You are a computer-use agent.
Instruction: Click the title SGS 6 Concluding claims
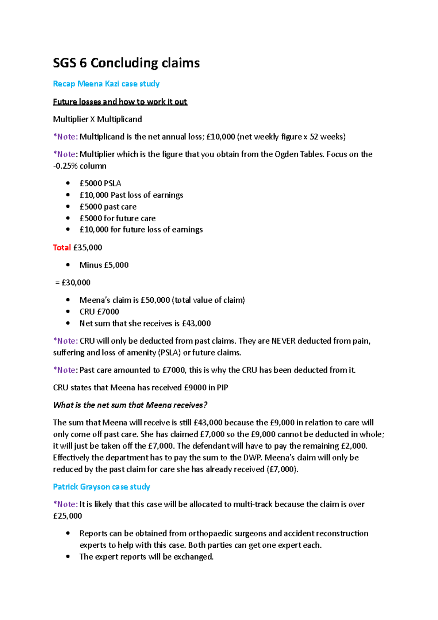[x=126, y=63]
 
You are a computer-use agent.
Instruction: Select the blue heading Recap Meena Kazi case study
[x=106, y=84]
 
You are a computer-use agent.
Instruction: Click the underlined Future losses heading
[x=120, y=102]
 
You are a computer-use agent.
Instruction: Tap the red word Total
[x=62, y=248]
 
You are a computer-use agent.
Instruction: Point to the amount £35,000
[x=88, y=248]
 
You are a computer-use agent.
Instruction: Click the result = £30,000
[x=73, y=283]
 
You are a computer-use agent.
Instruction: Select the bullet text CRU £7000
[x=99, y=312]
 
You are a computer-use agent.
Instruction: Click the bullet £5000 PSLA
[x=100, y=183]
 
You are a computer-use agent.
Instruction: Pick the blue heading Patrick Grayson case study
[x=101, y=487]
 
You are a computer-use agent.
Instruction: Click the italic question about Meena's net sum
[x=130, y=405]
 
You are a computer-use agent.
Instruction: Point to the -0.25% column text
[x=80, y=166]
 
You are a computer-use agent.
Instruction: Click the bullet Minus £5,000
[x=104, y=265]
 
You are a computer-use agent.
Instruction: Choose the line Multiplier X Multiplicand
[x=97, y=119]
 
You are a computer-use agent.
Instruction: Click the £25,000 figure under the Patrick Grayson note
[x=68, y=516]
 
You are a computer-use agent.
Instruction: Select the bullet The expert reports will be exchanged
[x=146, y=557]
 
